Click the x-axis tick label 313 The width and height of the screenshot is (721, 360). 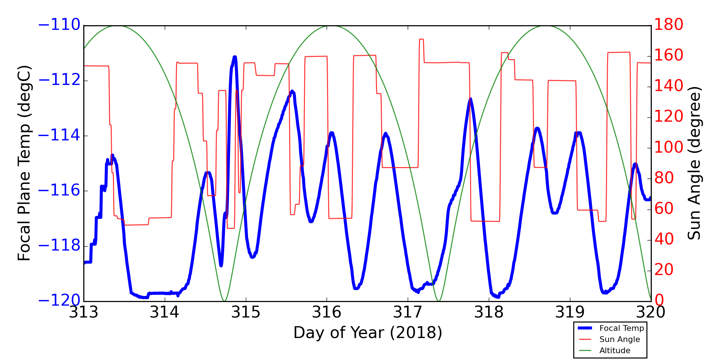(x=84, y=312)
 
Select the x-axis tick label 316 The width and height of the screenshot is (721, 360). (x=327, y=312)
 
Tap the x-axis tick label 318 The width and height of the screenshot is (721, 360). (x=489, y=312)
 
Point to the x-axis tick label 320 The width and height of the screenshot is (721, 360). (x=651, y=312)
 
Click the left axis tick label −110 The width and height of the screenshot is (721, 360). (x=59, y=25)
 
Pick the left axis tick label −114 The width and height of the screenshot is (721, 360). (x=59, y=136)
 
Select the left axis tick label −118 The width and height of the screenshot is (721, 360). (x=59, y=246)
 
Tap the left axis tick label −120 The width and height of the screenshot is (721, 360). (x=59, y=301)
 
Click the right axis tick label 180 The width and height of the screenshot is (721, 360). (x=669, y=25)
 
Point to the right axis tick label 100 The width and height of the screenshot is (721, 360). (x=669, y=148)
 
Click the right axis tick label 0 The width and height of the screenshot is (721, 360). (x=659, y=301)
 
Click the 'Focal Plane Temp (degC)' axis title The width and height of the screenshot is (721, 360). (x=24, y=163)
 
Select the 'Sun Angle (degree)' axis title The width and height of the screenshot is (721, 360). (x=694, y=163)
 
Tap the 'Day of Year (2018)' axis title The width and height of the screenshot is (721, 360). (x=368, y=333)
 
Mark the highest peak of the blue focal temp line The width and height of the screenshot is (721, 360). (x=235, y=57)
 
